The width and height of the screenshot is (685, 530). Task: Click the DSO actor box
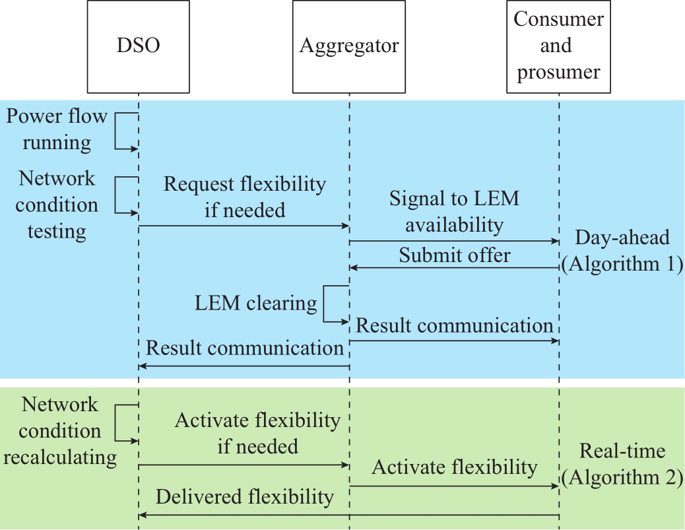click(138, 46)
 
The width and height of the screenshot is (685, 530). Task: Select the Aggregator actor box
click(348, 46)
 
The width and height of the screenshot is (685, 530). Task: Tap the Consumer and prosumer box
click(558, 46)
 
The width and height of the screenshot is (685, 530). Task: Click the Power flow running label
click(57, 129)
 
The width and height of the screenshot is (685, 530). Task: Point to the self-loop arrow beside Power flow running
click(115, 131)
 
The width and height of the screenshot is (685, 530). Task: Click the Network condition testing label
click(57, 205)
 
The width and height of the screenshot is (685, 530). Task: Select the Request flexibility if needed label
click(245, 197)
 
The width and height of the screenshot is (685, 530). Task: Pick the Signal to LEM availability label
click(454, 211)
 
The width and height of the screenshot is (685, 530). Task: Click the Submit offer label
click(454, 255)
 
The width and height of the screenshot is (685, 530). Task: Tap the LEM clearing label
click(255, 303)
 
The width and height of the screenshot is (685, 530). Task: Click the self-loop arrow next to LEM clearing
click(324, 304)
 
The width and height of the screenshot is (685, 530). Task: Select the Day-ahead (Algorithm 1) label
click(622, 250)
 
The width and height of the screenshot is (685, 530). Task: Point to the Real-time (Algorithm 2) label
click(622, 463)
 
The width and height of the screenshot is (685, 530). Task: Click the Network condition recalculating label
click(60, 431)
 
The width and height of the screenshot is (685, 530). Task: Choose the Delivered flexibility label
click(245, 497)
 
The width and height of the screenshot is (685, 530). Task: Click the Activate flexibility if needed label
click(258, 434)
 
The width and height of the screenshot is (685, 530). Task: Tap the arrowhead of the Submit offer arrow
click(353, 267)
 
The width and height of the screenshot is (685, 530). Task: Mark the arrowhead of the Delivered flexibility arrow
click(142, 515)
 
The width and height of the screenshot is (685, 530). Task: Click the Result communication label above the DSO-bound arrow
click(245, 348)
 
